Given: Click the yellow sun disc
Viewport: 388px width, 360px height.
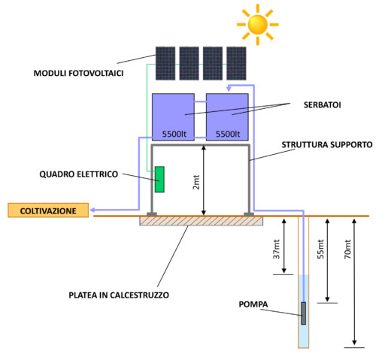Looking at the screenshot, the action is [x=258, y=25].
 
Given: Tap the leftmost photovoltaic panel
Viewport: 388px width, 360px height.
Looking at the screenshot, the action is [x=165, y=63].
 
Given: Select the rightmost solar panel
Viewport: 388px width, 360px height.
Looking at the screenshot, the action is [x=236, y=63].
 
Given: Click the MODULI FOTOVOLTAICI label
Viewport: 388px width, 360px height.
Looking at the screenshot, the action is [x=78, y=73].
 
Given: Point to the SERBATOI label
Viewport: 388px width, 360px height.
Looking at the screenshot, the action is [x=323, y=104].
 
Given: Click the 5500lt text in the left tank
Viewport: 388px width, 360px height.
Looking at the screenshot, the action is [x=174, y=134].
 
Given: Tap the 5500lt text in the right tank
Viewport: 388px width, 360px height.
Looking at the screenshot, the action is [x=228, y=134].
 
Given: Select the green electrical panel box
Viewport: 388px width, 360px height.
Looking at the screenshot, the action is [x=159, y=180].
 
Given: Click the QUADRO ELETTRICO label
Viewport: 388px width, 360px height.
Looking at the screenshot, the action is [x=79, y=174].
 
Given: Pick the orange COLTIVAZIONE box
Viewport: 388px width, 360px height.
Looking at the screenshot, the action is [x=48, y=210].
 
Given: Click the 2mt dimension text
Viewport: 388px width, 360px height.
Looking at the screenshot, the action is [x=196, y=182].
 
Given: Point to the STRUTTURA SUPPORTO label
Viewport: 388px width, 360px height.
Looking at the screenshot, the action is [x=327, y=144].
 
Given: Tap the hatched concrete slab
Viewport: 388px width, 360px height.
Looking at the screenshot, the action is [x=202, y=221].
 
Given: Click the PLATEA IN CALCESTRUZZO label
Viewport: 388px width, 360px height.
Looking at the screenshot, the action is [x=119, y=295].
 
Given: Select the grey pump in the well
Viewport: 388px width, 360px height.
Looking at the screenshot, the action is [x=304, y=313].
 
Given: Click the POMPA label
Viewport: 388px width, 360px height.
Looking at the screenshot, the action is [x=253, y=304].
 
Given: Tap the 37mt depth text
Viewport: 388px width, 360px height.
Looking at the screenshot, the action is [x=276, y=250].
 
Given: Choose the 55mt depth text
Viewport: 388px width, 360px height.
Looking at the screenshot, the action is [x=320, y=250].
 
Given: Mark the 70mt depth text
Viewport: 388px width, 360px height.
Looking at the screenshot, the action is [x=347, y=250].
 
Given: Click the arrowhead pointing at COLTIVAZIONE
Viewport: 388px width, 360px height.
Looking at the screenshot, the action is [x=92, y=210].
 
